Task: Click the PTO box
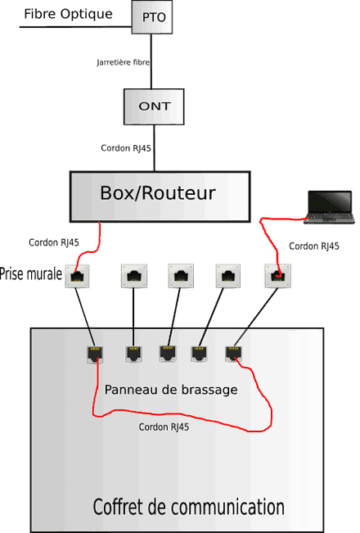click(152, 17)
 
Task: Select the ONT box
click(154, 106)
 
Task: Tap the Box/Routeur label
click(158, 192)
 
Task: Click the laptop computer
click(329, 207)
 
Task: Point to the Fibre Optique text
click(68, 14)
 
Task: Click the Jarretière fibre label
click(123, 62)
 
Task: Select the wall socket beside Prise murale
click(77, 277)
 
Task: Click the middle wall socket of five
click(181, 276)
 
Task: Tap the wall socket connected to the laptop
click(278, 276)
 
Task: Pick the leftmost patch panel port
click(95, 355)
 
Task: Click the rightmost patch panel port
click(234, 353)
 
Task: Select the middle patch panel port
click(168, 353)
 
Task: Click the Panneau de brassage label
click(171, 390)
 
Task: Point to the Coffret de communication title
click(188, 507)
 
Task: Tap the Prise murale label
click(31, 274)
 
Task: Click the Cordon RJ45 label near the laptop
click(314, 246)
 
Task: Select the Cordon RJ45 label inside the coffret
click(164, 427)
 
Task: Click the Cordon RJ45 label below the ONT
click(126, 148)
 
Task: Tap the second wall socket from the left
click(134, 276)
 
